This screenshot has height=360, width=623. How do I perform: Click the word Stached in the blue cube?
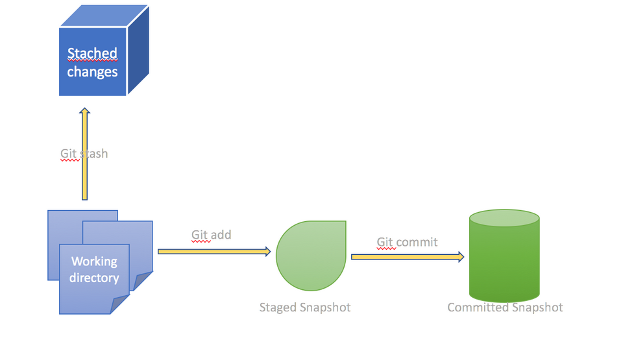pyautogui.click(x=92, y=53)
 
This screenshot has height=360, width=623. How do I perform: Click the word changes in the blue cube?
pyautogui.click(x=92, y=71)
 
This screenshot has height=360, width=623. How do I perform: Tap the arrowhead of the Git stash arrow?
pyautogui.click(x=84, y=112)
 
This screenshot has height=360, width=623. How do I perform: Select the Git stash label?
pyautogui.click(x=84, y=154)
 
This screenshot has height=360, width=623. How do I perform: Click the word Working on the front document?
pyautogui.click(x=94, y=261)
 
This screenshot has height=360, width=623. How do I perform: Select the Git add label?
pyautogui.click(x=211, y=234)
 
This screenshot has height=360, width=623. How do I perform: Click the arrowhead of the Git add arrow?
pyautogui.click(x=266, y=252)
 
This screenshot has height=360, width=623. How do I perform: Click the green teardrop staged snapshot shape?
pyautogui.click(x=311, y=256)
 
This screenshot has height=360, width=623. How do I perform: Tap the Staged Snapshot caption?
pyautogui.click(x=305, y=307)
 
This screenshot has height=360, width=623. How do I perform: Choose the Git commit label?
pyautogui.click(x=407, y=242)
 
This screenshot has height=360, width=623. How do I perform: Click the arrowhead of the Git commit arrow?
pyautogui.click(x=460, y=257)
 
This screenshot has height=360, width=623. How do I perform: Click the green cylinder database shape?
pyautogui.click(x=504, y=263)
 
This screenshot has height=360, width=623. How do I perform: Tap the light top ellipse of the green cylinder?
pyautogui.click(x=504, y=219)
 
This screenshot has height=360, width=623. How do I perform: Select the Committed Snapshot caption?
pyautogui.click(x=505, y=307)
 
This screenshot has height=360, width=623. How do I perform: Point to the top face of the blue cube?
pyautogui.click(x=104, y=17)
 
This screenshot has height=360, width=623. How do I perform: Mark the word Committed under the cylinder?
pyautogui.click(x=478, y=307)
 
